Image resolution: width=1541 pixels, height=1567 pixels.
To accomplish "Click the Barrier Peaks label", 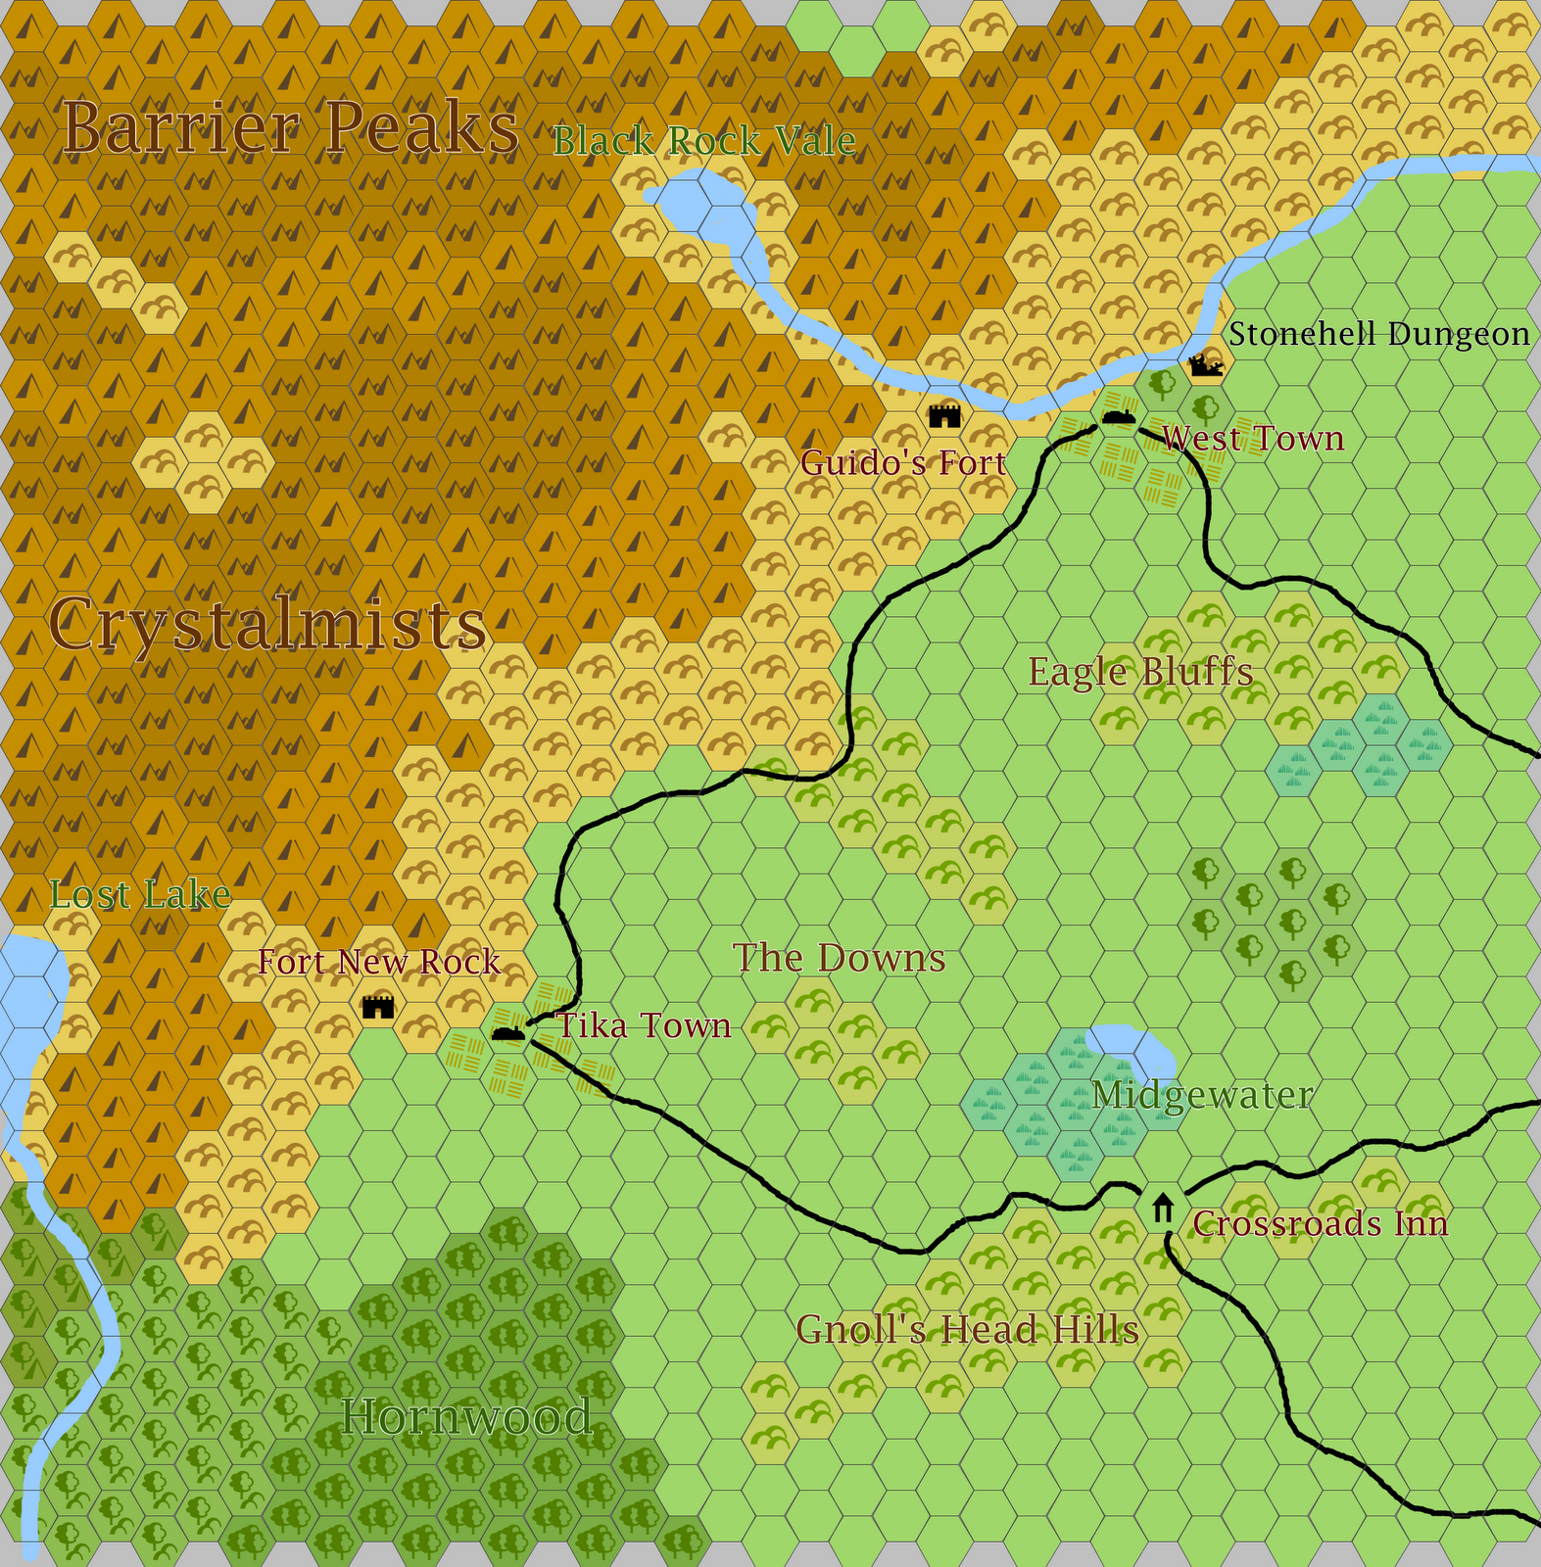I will point(290,128).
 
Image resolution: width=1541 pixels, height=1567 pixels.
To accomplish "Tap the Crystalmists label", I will point(267,624).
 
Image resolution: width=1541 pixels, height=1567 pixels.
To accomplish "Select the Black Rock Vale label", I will point(704,142).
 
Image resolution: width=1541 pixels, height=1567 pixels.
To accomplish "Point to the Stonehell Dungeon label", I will point(1378,335).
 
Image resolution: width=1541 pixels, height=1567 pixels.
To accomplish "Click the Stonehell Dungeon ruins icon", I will point(1205,366).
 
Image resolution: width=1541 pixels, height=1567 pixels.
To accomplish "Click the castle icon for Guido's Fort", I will point(944,415).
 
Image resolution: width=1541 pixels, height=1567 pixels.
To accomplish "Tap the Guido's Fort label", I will point(903,462).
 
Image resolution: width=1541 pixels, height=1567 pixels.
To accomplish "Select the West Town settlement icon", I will point(1117,417).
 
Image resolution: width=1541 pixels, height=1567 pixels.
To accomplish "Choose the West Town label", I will point(1253,439).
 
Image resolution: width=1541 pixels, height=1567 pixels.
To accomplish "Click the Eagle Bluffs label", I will point(1140,673).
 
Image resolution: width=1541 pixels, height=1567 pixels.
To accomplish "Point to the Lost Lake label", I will point(140,894).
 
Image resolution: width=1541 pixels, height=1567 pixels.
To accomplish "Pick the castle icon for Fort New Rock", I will point(378,1006).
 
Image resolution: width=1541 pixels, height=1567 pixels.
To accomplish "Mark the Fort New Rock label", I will point(379,963).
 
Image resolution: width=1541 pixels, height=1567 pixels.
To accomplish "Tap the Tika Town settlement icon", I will point(507,1033).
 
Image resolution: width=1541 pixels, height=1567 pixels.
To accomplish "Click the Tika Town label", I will point(644,1025).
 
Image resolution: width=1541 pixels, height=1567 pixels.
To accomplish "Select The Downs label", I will point(840,958).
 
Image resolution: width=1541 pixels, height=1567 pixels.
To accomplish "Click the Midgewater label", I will point(1202,1095).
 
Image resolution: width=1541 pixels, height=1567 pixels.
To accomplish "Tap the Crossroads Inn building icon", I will point(1163,1209).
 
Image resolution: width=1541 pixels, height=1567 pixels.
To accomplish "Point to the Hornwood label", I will point(466,1417).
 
